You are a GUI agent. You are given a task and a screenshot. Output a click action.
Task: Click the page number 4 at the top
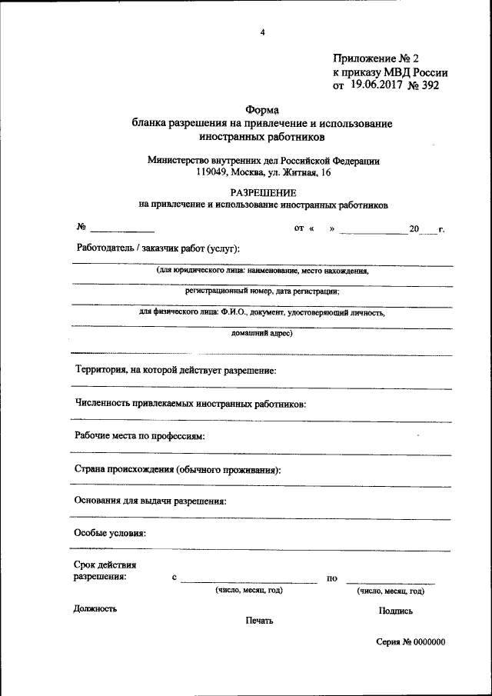262,32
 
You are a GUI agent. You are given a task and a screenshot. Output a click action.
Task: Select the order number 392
429,86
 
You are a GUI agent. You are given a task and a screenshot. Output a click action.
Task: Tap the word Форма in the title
262,111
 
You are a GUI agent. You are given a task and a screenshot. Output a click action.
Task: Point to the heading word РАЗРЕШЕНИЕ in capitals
263,192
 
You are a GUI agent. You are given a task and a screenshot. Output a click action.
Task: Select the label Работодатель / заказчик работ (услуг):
158,248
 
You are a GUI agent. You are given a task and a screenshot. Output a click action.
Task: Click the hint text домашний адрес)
262,334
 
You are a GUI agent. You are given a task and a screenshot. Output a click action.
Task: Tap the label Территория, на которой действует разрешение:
175,370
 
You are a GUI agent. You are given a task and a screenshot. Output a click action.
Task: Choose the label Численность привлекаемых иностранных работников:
191,404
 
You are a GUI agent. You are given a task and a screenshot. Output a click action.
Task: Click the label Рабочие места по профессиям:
141,436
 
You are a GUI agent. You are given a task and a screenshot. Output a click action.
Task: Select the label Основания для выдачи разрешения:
151,501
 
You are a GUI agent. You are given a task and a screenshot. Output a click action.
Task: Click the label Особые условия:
110,533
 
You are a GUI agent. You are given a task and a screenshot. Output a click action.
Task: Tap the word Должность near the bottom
95,608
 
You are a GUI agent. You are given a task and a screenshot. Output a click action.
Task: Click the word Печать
260,621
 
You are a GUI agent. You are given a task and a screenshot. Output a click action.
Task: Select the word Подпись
396,611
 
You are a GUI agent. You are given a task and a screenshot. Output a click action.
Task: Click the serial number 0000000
430,642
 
